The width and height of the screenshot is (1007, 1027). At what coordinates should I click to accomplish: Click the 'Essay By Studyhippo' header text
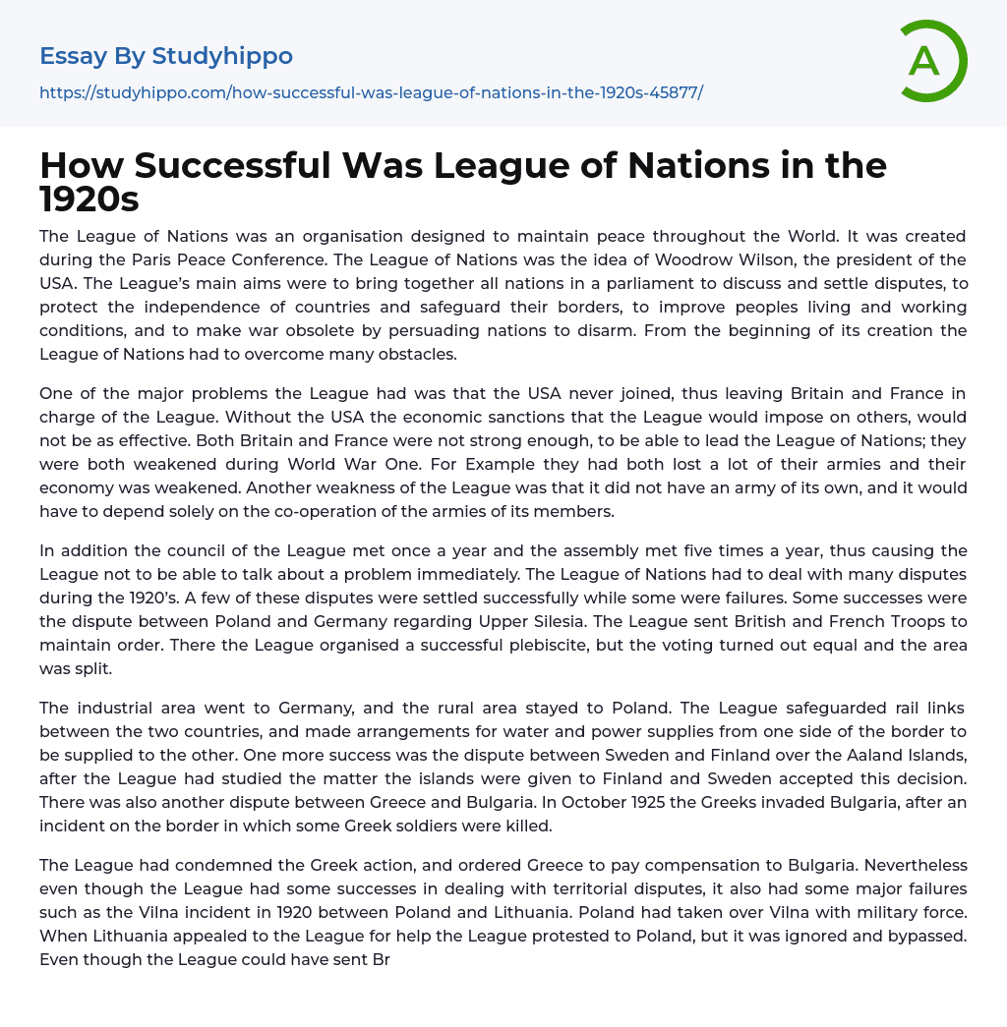pyautogui.click(x=166, y=56)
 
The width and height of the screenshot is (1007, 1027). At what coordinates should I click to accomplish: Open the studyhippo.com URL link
pyautogui.click(x=371, y=92)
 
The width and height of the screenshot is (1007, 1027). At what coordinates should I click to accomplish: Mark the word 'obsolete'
pyautogui.click(x=432, y=330)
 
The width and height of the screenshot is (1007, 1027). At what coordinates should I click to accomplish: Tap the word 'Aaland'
pyautogui.click(x=840, y=755)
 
